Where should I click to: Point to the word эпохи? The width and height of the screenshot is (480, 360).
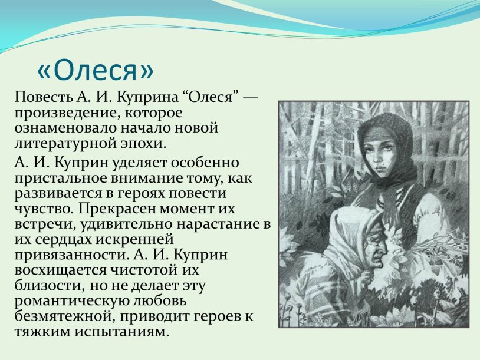pyautogui.click(x=143, y=143)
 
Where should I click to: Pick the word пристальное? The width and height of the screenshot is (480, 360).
pyautogui.click(x=61, y=177)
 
